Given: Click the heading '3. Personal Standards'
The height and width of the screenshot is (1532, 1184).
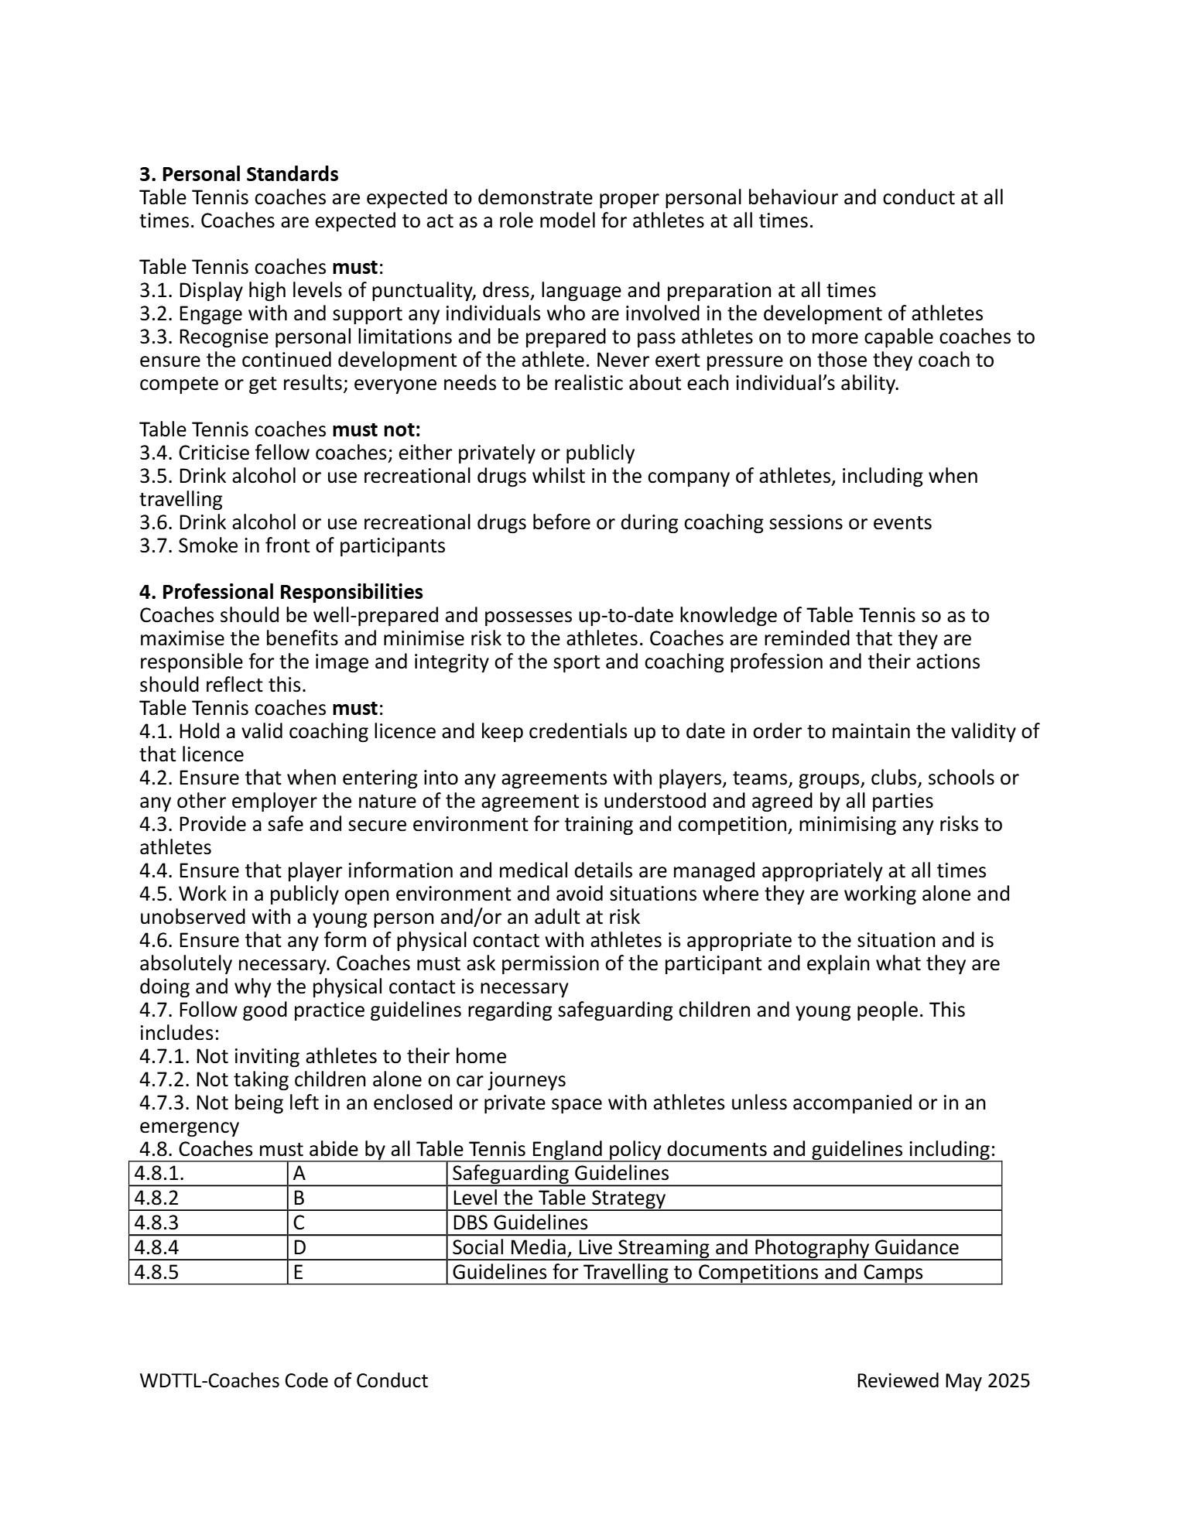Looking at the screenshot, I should (x=238, y=173).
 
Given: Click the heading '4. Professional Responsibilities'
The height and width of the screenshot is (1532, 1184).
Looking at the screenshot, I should (x=281, y=592).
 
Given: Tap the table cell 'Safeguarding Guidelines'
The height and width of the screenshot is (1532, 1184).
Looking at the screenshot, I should (x=560, y=1173).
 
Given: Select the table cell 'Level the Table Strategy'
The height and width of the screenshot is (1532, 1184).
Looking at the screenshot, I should (x=558, y=1198).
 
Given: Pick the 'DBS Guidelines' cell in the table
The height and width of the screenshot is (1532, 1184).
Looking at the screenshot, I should (x=519, y=1223).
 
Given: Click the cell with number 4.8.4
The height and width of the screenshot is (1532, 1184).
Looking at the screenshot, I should (x=156, y=1247).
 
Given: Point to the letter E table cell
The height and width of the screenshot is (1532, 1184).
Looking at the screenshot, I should (x=298, y=1272).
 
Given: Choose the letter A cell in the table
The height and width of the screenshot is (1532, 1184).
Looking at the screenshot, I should (x=299, y=1173).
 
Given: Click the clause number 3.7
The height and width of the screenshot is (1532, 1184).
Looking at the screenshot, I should (x=156, y=545).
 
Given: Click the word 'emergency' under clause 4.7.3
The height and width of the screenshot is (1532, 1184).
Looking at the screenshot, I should (x=189, y=1126).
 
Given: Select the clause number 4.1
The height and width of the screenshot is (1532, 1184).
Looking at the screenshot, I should (x=156, y=731).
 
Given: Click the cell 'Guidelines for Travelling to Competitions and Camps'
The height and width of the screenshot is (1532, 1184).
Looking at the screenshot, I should (x=686, y=1272).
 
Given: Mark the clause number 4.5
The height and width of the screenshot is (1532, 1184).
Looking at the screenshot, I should (x=156, y=894).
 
